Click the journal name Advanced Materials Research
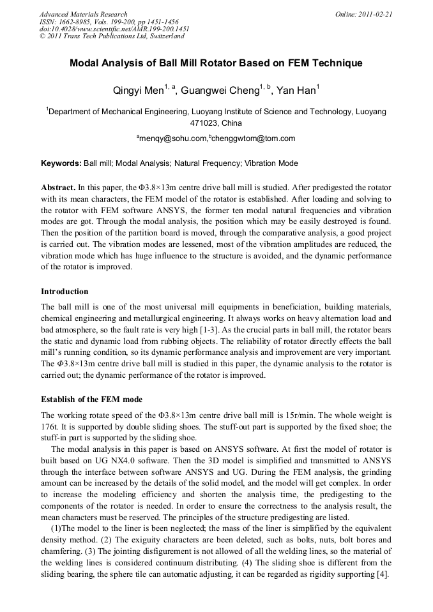[84, 14]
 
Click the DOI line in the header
[114, 29]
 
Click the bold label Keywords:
[61, 163]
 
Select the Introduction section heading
[65, 292]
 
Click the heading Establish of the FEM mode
[92, 400]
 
